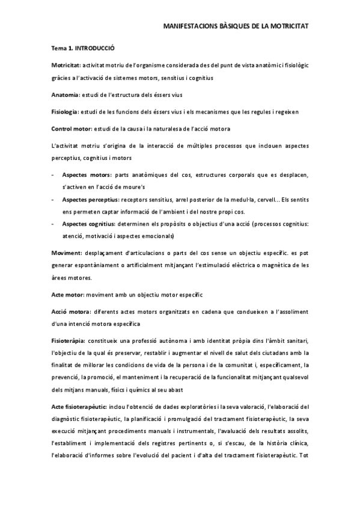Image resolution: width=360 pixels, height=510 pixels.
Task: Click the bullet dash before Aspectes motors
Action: tap(53, 175)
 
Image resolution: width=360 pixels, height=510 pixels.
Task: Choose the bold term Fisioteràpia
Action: tap(68, 342)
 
